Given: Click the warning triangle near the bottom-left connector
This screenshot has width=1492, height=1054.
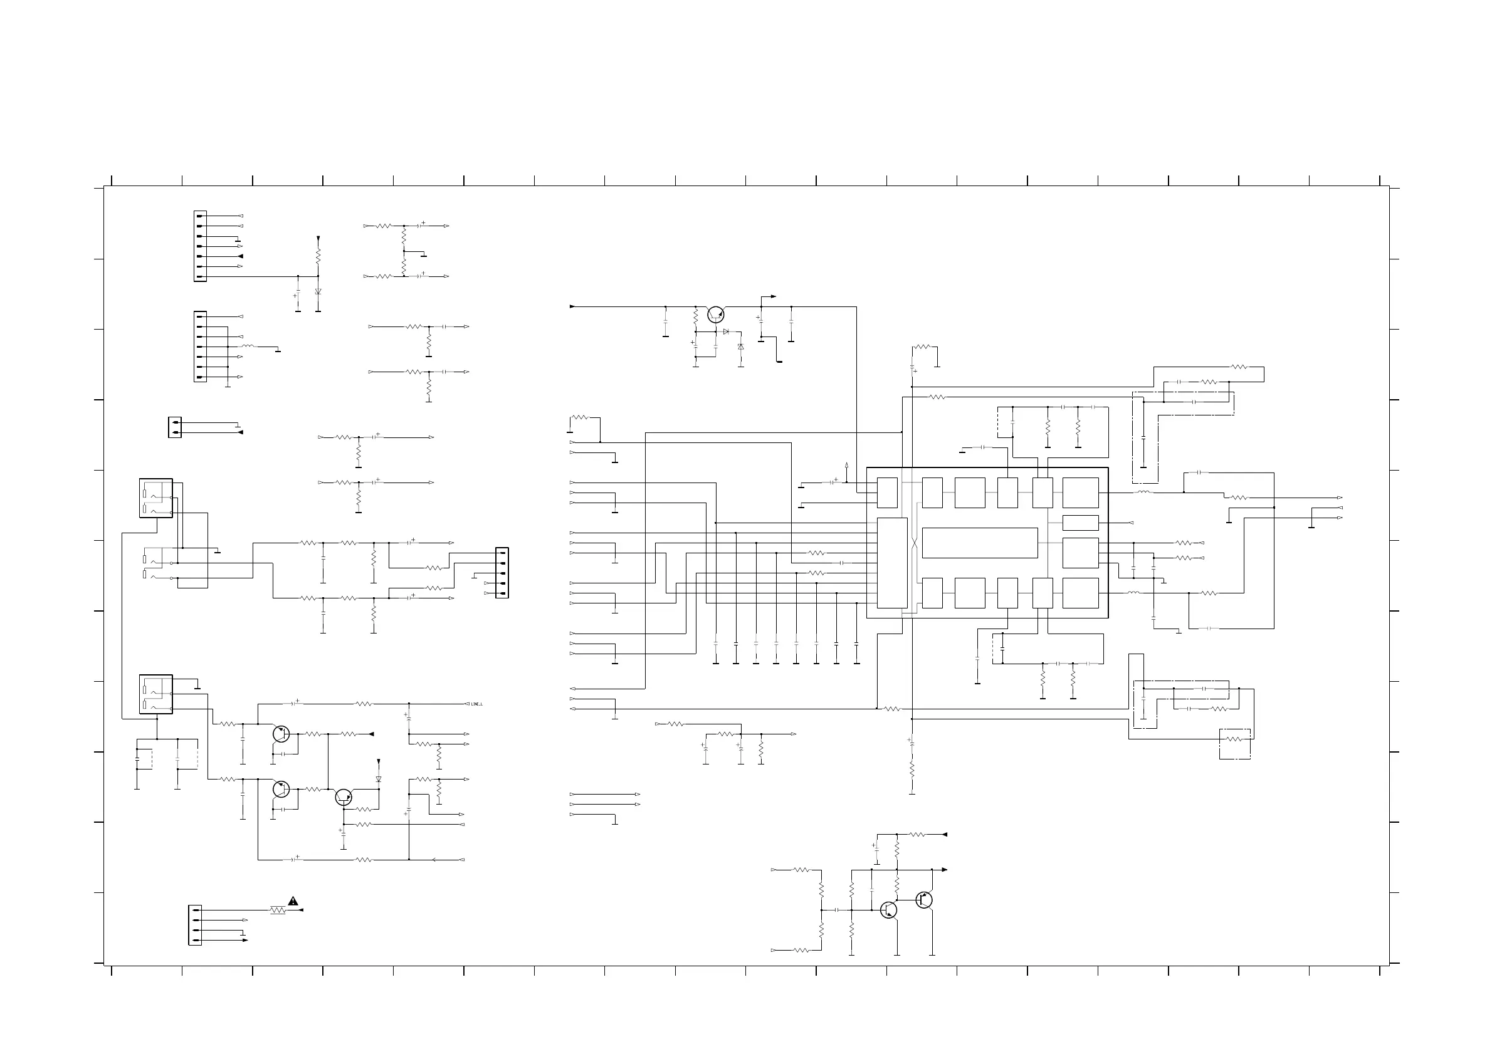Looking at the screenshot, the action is coord(293,900).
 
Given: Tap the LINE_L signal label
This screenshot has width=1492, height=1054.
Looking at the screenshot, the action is coord(476,704).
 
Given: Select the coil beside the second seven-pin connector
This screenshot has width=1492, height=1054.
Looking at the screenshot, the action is coord(248,347).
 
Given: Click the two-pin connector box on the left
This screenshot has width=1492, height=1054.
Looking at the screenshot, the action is coord(175,427).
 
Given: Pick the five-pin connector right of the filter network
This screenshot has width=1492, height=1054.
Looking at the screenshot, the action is coord(502,573).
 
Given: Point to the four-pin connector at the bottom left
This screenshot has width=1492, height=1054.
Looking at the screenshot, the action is coord(195,926).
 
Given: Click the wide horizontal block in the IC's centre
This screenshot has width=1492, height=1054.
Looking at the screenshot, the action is coord(979,543).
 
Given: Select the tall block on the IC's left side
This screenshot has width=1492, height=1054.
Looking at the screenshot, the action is coord(891,563).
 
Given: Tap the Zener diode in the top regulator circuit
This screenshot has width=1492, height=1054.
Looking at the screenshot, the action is coord(741,347).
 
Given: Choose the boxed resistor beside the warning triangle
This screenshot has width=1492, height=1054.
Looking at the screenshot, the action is coord(278,911).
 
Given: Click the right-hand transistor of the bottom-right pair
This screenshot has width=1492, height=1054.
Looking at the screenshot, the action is coord(924,900).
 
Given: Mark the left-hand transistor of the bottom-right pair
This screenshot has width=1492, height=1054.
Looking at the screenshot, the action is coord(888,910).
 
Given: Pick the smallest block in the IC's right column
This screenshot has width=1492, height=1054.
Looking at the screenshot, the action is coord(1080,523).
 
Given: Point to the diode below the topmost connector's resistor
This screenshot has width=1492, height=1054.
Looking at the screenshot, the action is coord(318,292).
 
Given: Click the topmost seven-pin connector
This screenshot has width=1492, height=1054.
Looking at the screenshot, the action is coord(200,246).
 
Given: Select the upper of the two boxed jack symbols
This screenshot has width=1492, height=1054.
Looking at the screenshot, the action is coord(156,498).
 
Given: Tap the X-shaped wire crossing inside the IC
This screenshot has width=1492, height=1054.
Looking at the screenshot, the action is coord(914,543).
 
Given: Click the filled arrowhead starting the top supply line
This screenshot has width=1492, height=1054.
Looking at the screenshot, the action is coord(572,306).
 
